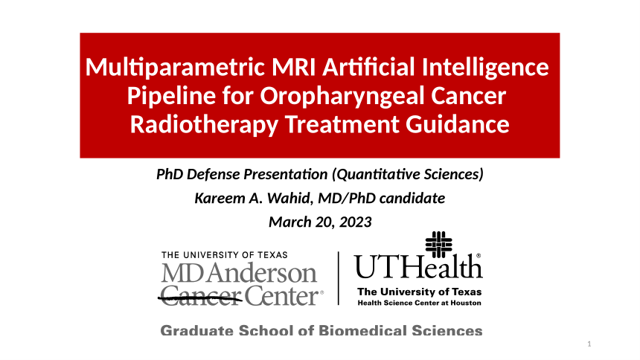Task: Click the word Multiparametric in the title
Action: [176, 68]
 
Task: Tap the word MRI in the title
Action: [293, 66]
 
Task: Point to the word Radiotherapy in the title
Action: [204, 125]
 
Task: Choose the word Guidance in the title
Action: [457, 124]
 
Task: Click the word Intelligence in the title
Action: [485, 68]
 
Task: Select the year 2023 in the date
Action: [355, 222]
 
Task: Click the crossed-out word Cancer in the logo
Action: [200, 295]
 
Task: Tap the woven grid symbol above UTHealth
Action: [439, 245]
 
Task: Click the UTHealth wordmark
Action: [418, 266]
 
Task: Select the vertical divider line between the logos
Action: [339, 278]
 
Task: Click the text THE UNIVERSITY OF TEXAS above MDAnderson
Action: [225, 255]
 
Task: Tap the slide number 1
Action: [589, 344]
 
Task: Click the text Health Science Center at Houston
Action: [419, 303]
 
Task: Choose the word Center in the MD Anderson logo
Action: [281, 296]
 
